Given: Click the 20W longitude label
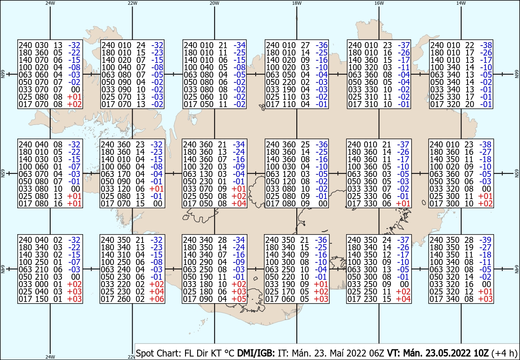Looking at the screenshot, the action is tap(214, 3).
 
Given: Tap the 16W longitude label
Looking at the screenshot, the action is tap(379, 3).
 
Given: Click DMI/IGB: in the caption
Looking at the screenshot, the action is tap(256, 353).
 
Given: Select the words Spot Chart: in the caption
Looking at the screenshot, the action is tap(158, 353).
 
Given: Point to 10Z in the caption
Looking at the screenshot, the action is tap(480, 353).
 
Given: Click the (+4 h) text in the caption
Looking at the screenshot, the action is tap(504, 353).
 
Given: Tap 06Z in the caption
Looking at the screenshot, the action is tap(376, 353).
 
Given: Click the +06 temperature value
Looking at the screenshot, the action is tap(157, 299).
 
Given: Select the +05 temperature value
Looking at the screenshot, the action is tap(239, 299).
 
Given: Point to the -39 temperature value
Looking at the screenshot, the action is tap(486, 240).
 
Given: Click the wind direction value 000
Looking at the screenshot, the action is tap(42, 284).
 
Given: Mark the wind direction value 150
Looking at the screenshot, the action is tap(42, 299).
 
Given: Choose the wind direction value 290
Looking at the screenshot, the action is tap(206, 262).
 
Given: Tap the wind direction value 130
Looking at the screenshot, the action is tap(206, 174).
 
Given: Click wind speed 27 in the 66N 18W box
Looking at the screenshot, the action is tap(305, 45).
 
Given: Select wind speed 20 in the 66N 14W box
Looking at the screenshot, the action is tap(469, 104).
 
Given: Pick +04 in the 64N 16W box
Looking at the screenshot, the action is tap(403, 299).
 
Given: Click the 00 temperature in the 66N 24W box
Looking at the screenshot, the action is tap(75, 89).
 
